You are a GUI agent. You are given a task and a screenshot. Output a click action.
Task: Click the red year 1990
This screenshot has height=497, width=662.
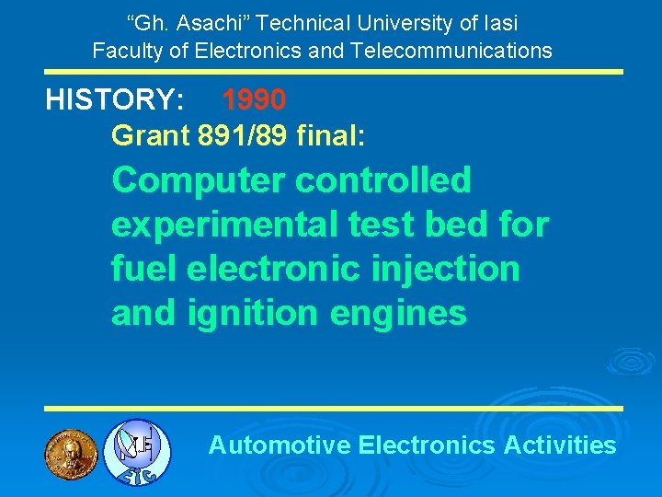(254, 99)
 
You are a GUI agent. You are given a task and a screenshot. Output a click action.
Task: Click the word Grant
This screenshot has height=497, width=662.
(151, 136)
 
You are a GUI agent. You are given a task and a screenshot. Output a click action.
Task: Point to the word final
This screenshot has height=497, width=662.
(331, 136)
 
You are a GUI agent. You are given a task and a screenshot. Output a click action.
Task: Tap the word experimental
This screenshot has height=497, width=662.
(222, 225)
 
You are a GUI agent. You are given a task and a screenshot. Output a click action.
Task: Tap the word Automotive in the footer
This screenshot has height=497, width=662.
(280, 445)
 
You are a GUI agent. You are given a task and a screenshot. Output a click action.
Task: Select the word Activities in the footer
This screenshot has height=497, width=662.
(560, 445)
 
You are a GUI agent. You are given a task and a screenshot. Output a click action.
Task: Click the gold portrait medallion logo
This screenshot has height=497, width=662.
(71, 452)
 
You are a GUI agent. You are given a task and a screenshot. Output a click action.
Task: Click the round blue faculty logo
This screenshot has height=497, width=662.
(136, 452)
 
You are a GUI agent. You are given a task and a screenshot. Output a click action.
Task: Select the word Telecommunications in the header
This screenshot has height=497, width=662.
(449, 50)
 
